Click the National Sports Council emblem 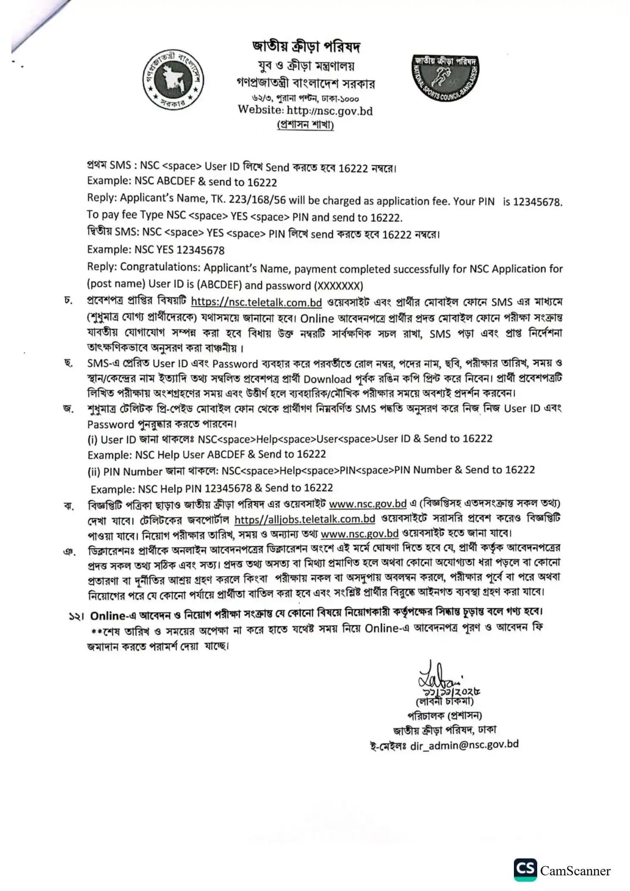tap(446, 78)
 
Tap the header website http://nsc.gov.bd tap(330, 110)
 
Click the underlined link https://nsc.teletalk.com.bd tap(256, 302)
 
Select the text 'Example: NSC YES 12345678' tap(155, 250)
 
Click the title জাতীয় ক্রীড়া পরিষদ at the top tap(306, 46)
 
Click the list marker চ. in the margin tap(69, 301)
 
